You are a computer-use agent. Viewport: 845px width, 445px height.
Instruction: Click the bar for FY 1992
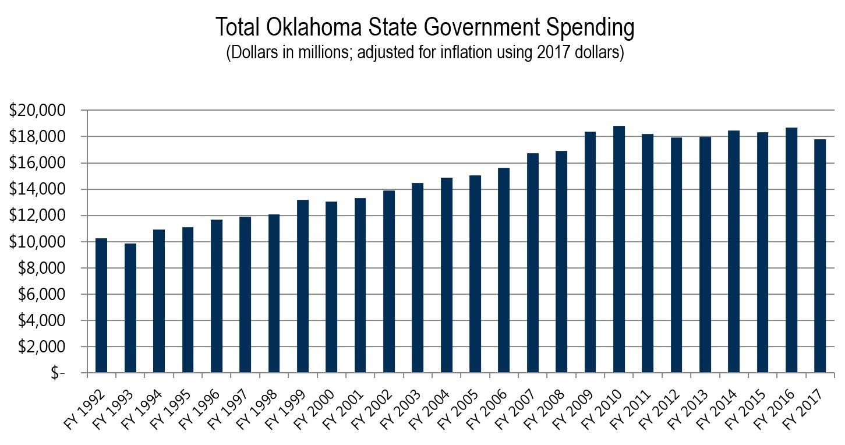101,305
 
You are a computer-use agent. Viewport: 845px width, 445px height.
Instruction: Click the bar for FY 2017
820,256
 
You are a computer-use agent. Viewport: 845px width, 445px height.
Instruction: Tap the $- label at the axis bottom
58,373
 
